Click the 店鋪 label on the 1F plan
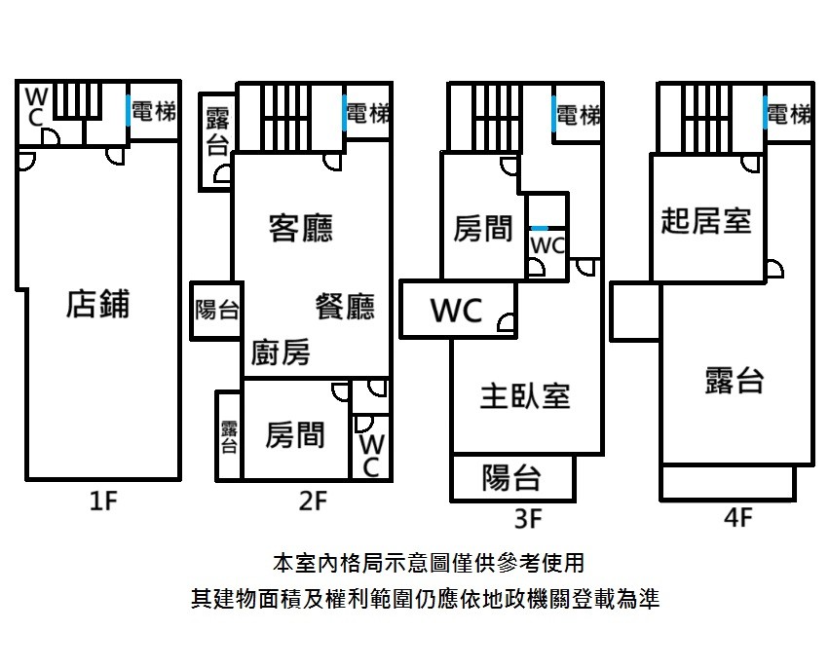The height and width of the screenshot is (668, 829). pyautogui.click(x=97, y=304)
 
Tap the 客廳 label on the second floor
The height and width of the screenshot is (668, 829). pyautogui.click(x=301, y=228)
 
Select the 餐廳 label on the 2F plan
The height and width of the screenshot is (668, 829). pyautogui.click(x=345, y=307)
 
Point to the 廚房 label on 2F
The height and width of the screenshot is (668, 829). pyautogui.click(x=281, y=352)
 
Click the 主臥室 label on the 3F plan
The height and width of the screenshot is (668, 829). pyautogui.click(x=525, y=396)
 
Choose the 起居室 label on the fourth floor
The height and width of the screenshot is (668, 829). pyautogui.click(x=706, y=220)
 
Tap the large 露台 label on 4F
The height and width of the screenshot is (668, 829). pyautogui.click(x=735, y=381)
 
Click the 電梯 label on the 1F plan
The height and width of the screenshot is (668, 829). pyautogui.click(x=153, y=112)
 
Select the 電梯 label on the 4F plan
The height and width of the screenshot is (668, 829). pyautogui.click(x=789, y=114)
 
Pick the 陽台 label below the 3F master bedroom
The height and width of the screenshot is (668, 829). pyautogui.click(x=511, y=478)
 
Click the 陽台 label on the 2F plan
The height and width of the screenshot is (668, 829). pyautogui.click(x=217, y=310)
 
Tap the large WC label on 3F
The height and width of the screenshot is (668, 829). pyautogui.click(x=457, y=311)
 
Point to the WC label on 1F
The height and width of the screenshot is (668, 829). pyautogui.click(x=36, y=107)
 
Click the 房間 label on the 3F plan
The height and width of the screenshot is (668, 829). pyautogui.click(x=483, y=229)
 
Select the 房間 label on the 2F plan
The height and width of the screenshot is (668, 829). pyautogui.click(x=295, y=435)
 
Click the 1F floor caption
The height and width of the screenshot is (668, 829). pyautogui.click(x=103, y=501)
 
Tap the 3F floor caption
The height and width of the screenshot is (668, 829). pyautogui.click(x=528, y=518)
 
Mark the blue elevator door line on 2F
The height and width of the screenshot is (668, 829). pyautogui.click(x=344, y=113)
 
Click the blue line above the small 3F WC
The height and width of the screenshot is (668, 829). pyautogui.click(x=540, y=228)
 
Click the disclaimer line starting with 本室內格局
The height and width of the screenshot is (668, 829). pyautogui.click(x=429, y=564)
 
